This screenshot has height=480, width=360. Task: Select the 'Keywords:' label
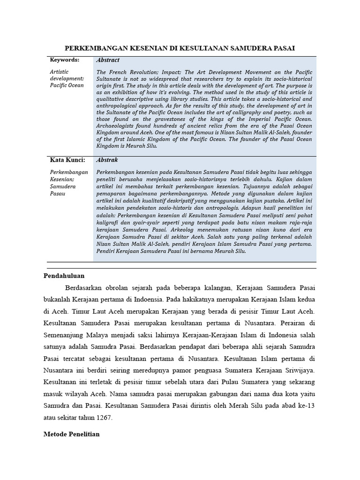64,60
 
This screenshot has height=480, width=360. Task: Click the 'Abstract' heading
108,60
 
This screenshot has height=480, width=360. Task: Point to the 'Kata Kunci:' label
67,160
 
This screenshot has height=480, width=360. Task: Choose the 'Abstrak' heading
107,160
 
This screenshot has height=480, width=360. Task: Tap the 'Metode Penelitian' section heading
72,434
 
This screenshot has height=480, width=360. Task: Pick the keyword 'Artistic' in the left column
59,72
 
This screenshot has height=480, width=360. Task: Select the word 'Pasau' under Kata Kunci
58,193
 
